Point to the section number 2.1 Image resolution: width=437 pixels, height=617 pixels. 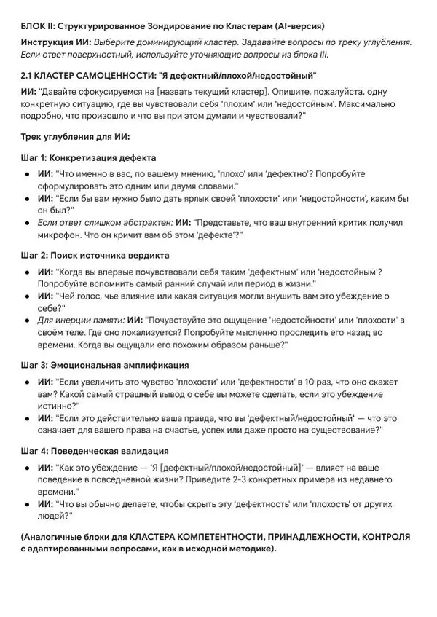click(29, 76)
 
